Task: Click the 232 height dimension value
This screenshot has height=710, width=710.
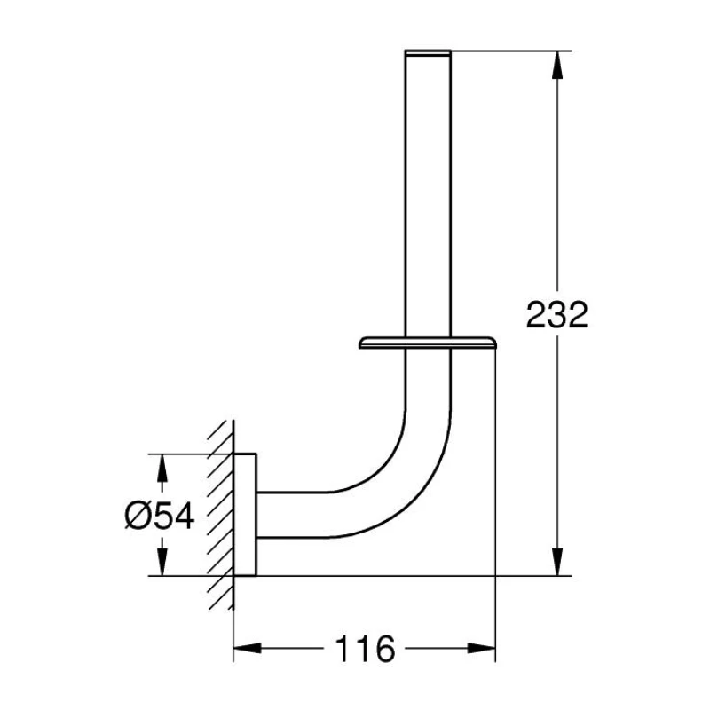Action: [556, 314]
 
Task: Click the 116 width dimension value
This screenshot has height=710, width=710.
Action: [364, 649]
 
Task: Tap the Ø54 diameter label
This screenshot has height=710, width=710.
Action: [159, 516]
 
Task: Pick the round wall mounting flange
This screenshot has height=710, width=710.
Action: [246, 515]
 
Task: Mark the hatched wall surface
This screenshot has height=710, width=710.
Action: [221, 515]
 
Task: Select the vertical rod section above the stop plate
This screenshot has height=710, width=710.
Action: [428, 195]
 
